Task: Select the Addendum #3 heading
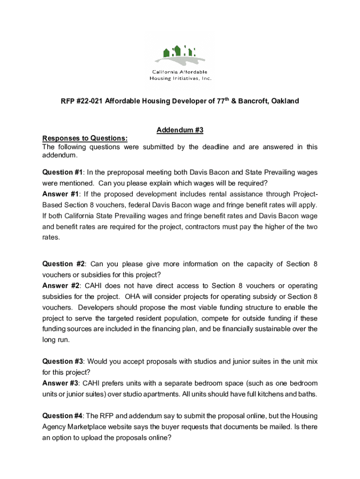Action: tap(180, 130)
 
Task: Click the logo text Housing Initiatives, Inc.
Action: tap(180, 78)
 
